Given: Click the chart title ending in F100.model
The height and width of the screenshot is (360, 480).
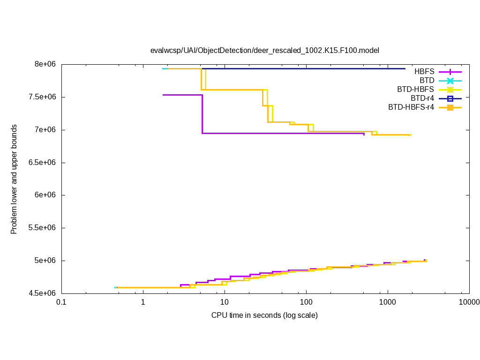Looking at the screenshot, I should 264,50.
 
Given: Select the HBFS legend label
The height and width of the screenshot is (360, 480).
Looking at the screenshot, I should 424,72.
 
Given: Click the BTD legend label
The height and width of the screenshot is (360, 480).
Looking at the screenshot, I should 427,81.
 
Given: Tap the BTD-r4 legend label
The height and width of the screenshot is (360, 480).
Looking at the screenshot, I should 422,98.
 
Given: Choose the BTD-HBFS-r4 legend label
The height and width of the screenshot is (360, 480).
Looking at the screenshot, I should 411,107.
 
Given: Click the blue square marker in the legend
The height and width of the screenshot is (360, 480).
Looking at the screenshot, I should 450,98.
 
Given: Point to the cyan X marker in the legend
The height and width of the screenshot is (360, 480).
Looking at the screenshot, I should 450,81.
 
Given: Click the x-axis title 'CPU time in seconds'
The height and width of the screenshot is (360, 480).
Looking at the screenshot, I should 264,315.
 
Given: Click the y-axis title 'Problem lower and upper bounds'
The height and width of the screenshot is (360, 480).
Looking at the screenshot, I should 14,179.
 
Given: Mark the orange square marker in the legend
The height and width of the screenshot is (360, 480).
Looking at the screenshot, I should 450,107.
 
